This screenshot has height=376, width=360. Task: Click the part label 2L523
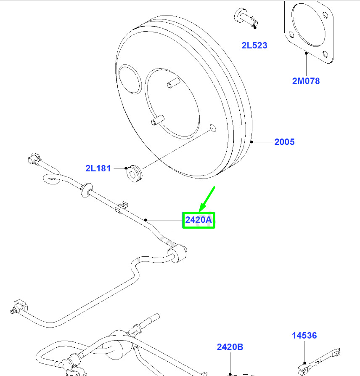(x=254, y=45)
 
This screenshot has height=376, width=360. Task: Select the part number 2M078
(x=306, y=81)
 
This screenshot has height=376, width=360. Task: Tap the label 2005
(x=284, y=142)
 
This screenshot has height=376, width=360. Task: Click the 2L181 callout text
(x=98, y=168)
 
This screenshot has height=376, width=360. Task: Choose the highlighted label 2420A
(x=199, y=220)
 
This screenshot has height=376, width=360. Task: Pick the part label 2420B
(x=230, y=347)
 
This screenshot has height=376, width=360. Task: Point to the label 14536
(x=304, y=336)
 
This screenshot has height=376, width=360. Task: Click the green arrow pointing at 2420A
(x=207, y=199)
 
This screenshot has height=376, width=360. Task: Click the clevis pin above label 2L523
(x=246, y=18)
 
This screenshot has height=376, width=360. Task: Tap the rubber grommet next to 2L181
(x=134, y=173)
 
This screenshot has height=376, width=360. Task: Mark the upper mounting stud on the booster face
(x=173, y=83)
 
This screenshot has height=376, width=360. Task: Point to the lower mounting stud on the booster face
(x=158, y=120)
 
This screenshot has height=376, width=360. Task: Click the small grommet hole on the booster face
(x=213, y=128)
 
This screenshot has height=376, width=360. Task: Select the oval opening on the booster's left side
(x=130, y=79)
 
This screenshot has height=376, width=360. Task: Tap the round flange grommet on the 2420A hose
(x=86, y=190)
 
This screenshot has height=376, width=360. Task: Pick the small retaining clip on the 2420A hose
(x=122, y=208)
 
